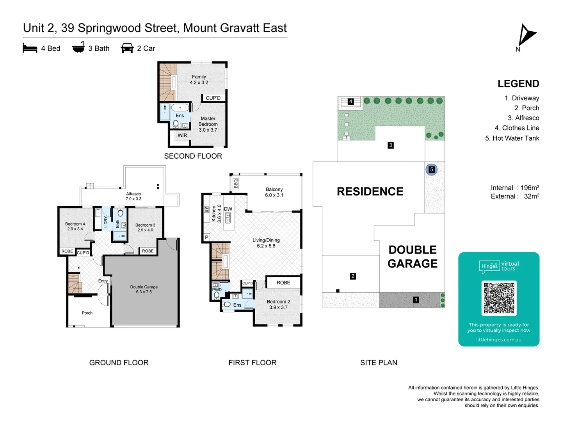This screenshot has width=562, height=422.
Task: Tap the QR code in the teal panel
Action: point(499,298)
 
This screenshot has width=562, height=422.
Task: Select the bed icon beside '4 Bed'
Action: point(30,48)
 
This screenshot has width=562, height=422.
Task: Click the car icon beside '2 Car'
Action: point(127,48)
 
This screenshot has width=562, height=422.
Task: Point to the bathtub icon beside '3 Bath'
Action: point(78,47)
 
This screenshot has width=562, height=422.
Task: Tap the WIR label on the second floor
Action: point(182,136)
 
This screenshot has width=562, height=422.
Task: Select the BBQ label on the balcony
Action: point(236,183)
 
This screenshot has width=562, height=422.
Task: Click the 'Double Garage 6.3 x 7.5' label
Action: point(144,290)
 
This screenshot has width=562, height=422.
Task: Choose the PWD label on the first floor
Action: point(217,290)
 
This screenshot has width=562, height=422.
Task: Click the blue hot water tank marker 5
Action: point(431,170)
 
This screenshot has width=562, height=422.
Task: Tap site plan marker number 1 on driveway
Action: point(416,300)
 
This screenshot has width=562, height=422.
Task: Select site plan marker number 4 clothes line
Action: point(350,102)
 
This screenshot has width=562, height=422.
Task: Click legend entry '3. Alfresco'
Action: point(523,118)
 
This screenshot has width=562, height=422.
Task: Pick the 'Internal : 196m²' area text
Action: point(515,188)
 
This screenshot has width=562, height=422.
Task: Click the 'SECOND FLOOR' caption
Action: point(193,156)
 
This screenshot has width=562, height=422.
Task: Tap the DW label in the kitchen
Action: point(228,209)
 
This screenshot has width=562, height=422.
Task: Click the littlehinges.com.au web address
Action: point(499,340)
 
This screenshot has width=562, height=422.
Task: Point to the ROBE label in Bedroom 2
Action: point(283,283)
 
